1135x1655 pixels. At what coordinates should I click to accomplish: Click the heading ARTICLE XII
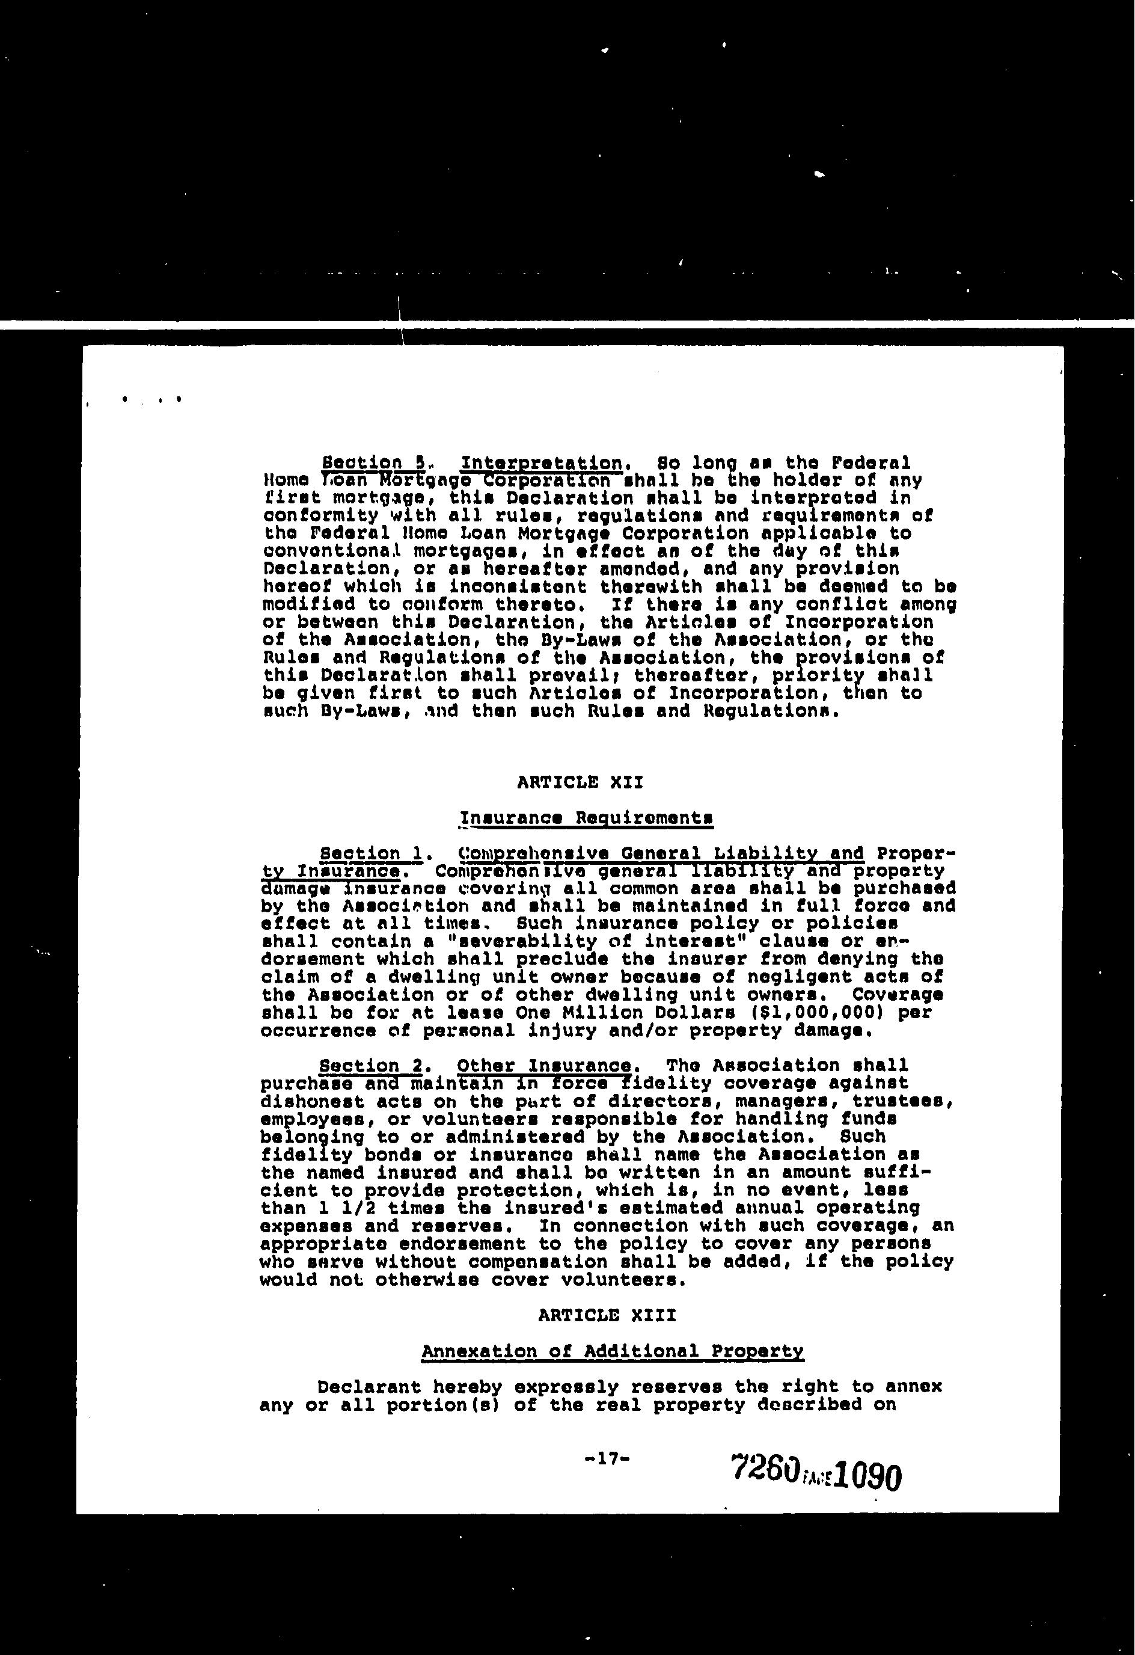tap(580, 782)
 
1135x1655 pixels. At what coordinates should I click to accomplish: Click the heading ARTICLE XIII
tap(607, 1315)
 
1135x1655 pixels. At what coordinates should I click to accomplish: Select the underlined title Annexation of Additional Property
tap(613, 1351)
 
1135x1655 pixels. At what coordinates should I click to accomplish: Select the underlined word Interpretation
tap(542, 464)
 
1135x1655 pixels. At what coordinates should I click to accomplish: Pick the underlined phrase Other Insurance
tap(544, 1066)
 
